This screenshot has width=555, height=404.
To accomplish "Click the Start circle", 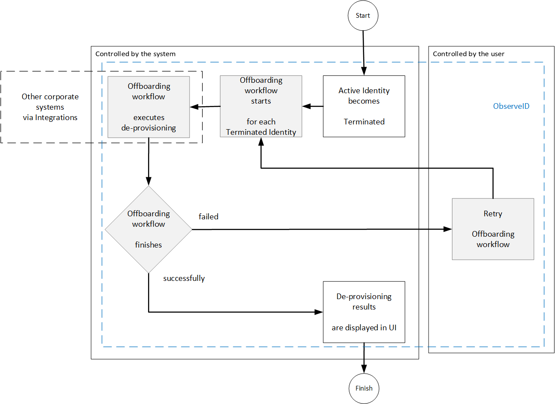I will (x=363, y=16).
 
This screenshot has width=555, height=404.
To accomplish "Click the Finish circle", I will (x=364, y=388).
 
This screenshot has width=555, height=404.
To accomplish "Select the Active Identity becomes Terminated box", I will (x=364, y=106).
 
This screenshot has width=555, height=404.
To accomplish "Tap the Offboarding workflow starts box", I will (x=261, y=106).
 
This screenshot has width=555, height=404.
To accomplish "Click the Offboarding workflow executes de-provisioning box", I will (x=148, y=107).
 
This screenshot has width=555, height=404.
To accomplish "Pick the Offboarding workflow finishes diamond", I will (x=148, y=229).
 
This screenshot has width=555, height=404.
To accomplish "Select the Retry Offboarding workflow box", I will (x=493, y=229).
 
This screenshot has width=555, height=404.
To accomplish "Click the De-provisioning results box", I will (x=364, y=312).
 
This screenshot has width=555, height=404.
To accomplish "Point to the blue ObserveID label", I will (x=511, y=106).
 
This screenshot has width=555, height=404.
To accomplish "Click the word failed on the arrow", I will (x=208, y=216).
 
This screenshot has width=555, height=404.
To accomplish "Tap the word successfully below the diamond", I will (x=184, y=278).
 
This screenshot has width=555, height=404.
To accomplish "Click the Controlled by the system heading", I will (x=136, y=54).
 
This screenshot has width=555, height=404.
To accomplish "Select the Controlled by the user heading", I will (x=468, y=54).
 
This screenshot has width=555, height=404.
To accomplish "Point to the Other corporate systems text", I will (x=50, y=107).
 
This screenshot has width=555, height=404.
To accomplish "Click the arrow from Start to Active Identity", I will (x=363, y=52).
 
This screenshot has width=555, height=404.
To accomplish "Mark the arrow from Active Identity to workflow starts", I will (x=313, y=106).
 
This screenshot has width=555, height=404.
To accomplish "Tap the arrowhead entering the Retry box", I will (x=448, y=229).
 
